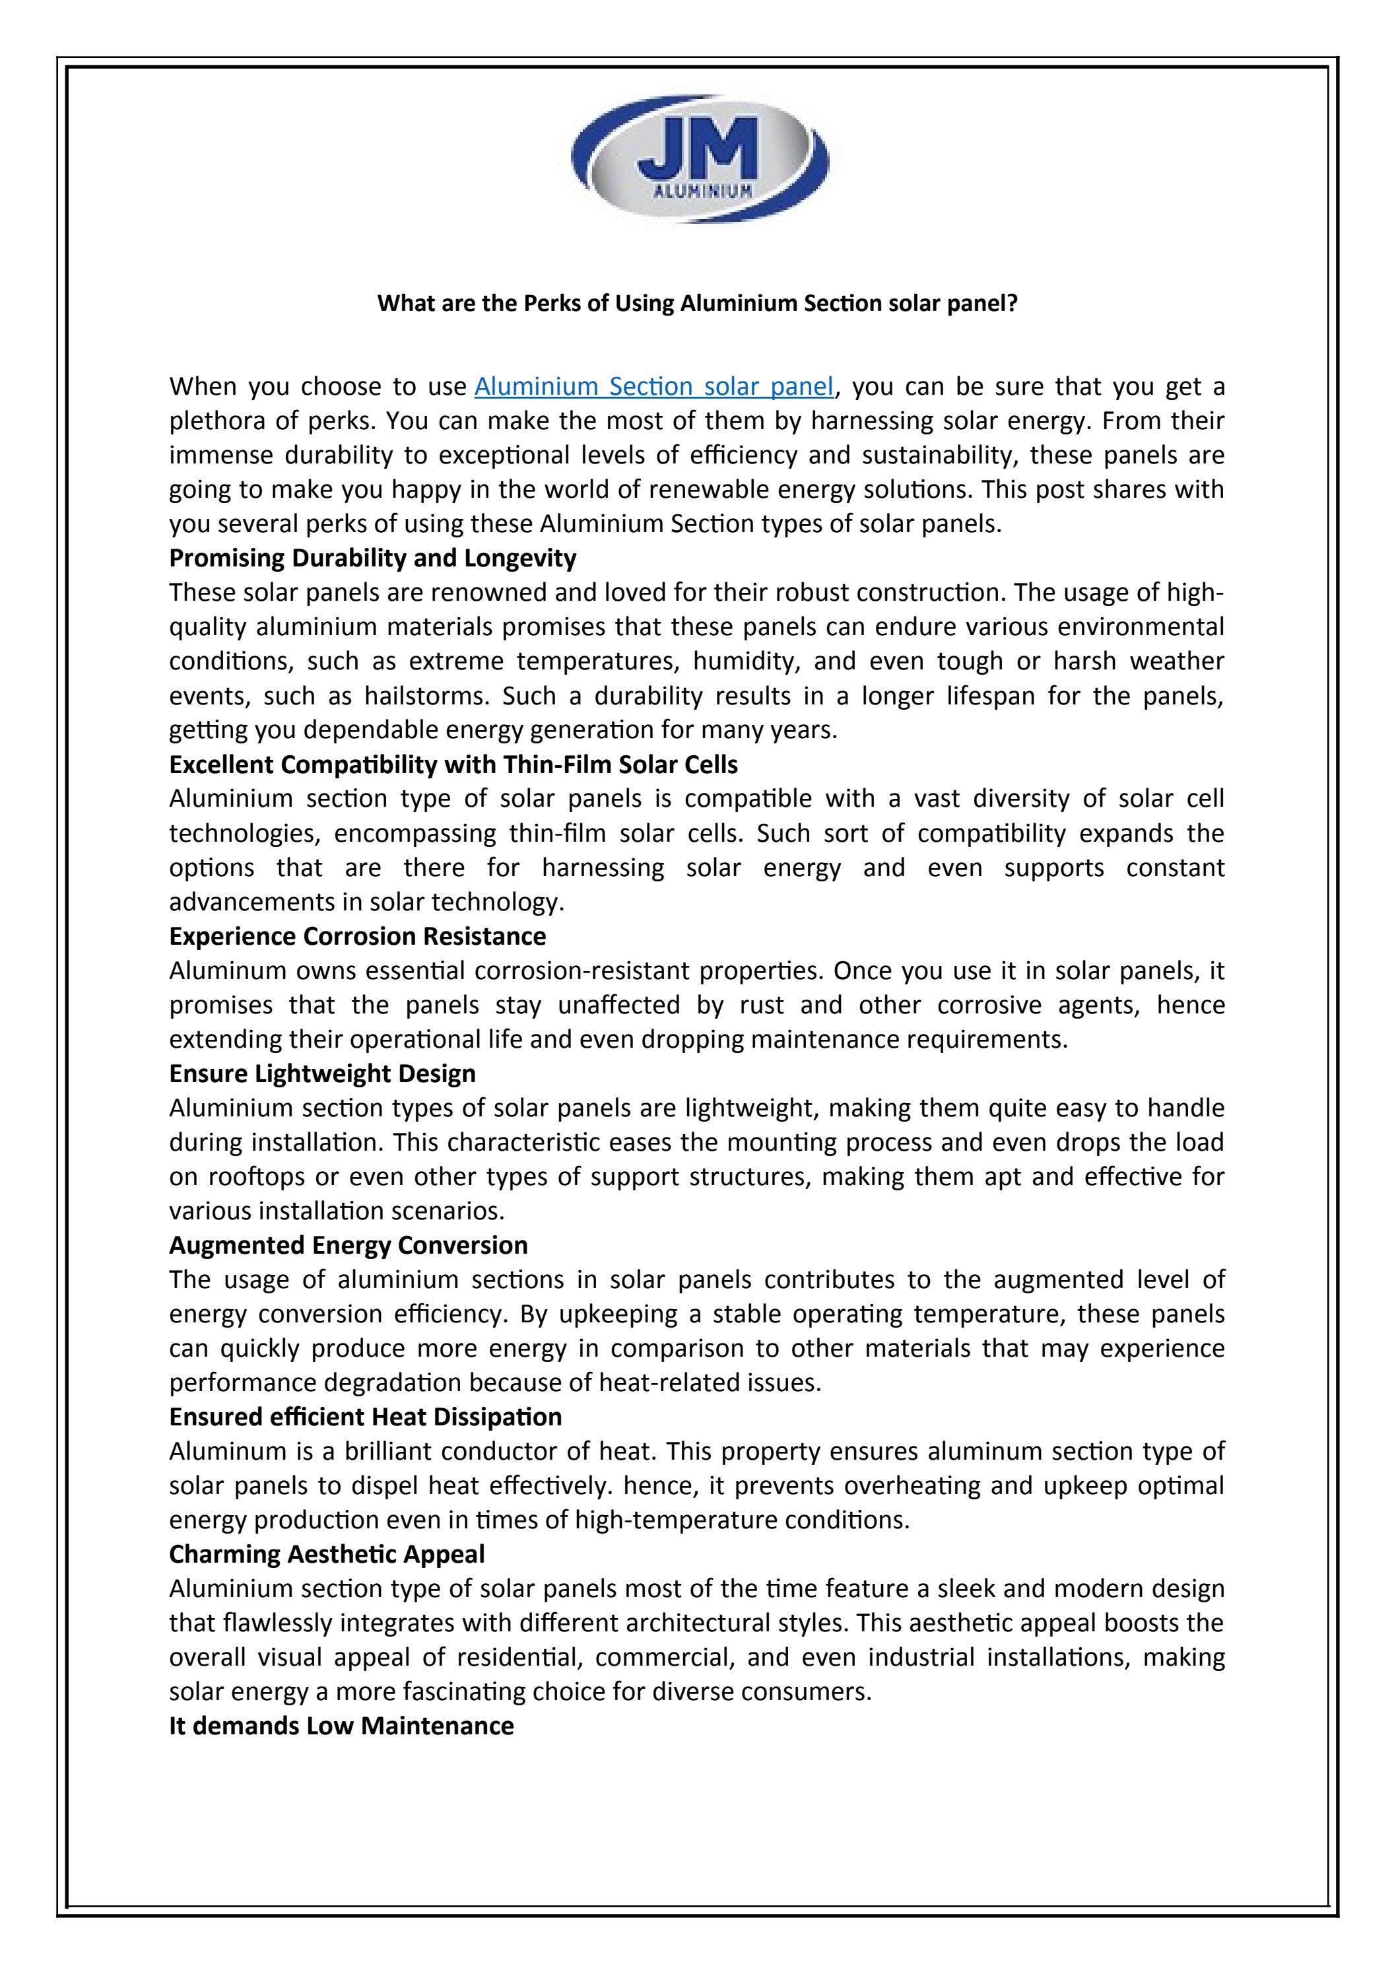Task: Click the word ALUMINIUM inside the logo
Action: tap(699, 191)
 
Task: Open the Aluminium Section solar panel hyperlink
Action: tap(653, 387)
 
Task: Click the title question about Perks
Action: tap(697, 304)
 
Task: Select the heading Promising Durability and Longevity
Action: tap(372, 559)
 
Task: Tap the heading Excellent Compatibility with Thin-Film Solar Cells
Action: tap(453, 765)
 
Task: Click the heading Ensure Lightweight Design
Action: tap(321, 1073)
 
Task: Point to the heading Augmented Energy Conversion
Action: tap(348, 1245)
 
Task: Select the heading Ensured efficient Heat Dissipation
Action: tap(365, 1416)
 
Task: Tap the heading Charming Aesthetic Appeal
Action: tap(327, 1553)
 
